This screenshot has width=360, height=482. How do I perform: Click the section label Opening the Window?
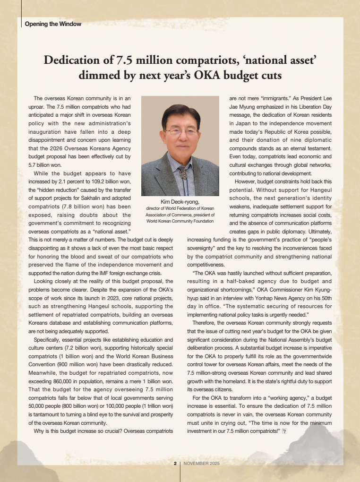click(53, 24)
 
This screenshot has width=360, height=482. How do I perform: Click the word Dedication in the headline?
click(73, 60)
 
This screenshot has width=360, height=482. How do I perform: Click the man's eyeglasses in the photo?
click(180, 132)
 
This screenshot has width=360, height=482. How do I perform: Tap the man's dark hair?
click(180, 113)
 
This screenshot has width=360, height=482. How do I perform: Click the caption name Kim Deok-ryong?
click(180, 202)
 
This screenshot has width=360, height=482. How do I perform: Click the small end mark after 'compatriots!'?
click(284, 430)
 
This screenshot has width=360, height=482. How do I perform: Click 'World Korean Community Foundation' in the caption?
click(180, 221)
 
